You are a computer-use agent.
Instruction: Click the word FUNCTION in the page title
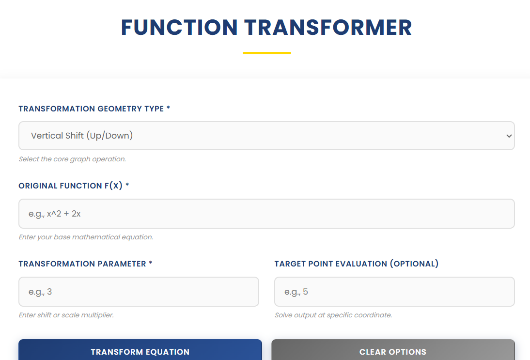[179, 28]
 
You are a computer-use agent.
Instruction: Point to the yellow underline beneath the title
[266, 53]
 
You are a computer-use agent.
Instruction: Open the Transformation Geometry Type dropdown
[266, 136]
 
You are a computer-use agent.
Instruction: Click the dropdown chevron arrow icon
[509, 136]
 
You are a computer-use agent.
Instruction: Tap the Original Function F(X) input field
[266, 214]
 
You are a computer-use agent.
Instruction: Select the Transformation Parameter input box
[139, 292]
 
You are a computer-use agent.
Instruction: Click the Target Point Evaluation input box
[394, 292]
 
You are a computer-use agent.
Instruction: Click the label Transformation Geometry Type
[91, 109]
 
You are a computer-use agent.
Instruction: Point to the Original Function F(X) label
[71, 186]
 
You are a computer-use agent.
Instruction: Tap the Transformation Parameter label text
[82, 264]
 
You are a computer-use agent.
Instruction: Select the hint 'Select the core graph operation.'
[72, 159]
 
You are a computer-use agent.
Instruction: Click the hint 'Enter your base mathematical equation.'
[86, 237]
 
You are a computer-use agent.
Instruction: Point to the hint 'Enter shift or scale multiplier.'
[66, 315]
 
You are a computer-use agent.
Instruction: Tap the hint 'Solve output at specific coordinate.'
[333, 315]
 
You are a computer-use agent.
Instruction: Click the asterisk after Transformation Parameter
[151, 264]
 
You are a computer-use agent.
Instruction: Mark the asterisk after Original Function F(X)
[127, 186]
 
